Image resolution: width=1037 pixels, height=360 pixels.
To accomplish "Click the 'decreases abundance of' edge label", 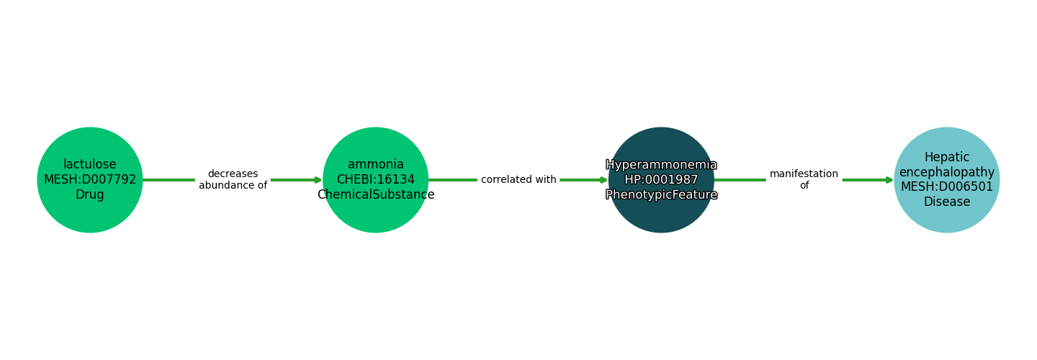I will coord(233,180).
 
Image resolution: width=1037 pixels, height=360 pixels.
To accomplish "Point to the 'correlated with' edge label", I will coord(518,180).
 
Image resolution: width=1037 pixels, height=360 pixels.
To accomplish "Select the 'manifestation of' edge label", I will coord(804,180).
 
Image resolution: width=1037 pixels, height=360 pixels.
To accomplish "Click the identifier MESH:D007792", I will coord(90,180).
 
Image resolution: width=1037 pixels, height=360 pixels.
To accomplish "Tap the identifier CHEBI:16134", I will coord(375,180).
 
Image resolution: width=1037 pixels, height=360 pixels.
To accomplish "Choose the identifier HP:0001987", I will coord(661,180).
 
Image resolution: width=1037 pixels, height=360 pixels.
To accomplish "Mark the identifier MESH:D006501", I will coord(947,187).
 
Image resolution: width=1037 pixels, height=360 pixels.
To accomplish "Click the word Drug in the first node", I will coord(90,195).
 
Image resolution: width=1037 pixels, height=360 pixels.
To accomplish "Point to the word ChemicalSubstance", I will coord(375,195).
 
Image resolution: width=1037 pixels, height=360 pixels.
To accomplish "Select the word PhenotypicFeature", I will coord(661,195).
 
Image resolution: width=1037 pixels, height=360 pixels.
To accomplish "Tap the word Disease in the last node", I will coord(947,202).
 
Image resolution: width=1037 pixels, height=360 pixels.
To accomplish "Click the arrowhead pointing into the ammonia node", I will coord(318,180).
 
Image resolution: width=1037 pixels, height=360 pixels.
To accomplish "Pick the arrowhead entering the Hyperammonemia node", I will coord(604,180).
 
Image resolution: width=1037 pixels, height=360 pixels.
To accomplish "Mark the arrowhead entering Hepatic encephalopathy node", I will coord(890,180).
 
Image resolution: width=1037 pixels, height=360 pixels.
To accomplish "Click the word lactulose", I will coord(90,165).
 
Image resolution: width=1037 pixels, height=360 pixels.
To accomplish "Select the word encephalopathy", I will coord(947,173).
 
